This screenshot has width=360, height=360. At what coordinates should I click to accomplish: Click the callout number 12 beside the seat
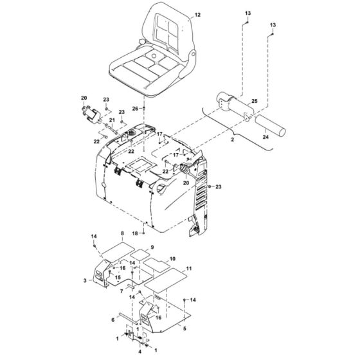(197, 14)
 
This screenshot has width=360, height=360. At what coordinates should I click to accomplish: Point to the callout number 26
(134, 108)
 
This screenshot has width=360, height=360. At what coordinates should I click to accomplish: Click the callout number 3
(85, 281)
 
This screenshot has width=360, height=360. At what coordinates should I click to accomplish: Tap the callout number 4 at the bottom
(138, 352)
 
